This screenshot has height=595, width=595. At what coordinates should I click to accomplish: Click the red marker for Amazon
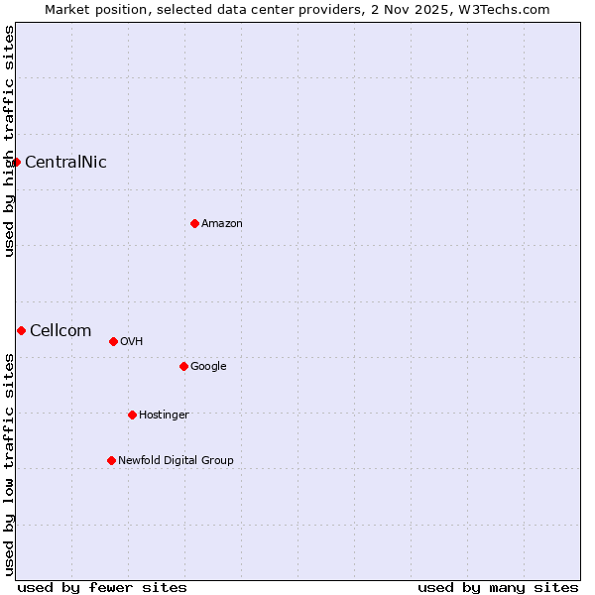pos(194,223)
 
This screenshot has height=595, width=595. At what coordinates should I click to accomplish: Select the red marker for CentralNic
pos(16,162)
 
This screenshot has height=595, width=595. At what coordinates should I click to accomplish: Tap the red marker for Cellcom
pos(21,330)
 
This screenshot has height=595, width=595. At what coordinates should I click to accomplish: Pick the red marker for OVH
pos(113,341)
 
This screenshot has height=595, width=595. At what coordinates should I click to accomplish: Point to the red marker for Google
pos(183,366)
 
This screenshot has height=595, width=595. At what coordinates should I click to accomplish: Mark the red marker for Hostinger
pos(132,415)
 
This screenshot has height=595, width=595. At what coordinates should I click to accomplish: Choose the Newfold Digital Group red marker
pos(111,460)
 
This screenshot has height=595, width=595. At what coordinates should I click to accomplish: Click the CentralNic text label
pos(65,163)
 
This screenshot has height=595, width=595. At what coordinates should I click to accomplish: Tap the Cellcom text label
pos(60,331)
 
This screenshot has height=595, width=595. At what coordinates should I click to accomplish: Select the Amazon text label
pos(222,224)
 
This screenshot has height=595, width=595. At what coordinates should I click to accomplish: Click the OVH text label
pos(132,342)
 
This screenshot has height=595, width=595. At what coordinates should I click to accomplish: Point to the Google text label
pos(208,367)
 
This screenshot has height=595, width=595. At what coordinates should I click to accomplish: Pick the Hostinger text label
pos(164,416)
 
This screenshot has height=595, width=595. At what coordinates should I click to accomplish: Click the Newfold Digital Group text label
pos(176,461)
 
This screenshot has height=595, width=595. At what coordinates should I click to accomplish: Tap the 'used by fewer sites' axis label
pos(102,587)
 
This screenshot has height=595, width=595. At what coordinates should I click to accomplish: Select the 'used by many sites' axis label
pos(498,587)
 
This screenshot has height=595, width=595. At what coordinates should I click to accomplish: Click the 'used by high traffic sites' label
pos(9,141)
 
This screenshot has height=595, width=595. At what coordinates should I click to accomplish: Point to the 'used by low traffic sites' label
pos(9,463)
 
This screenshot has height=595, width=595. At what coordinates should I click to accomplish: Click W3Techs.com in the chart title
pos(514,10)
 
